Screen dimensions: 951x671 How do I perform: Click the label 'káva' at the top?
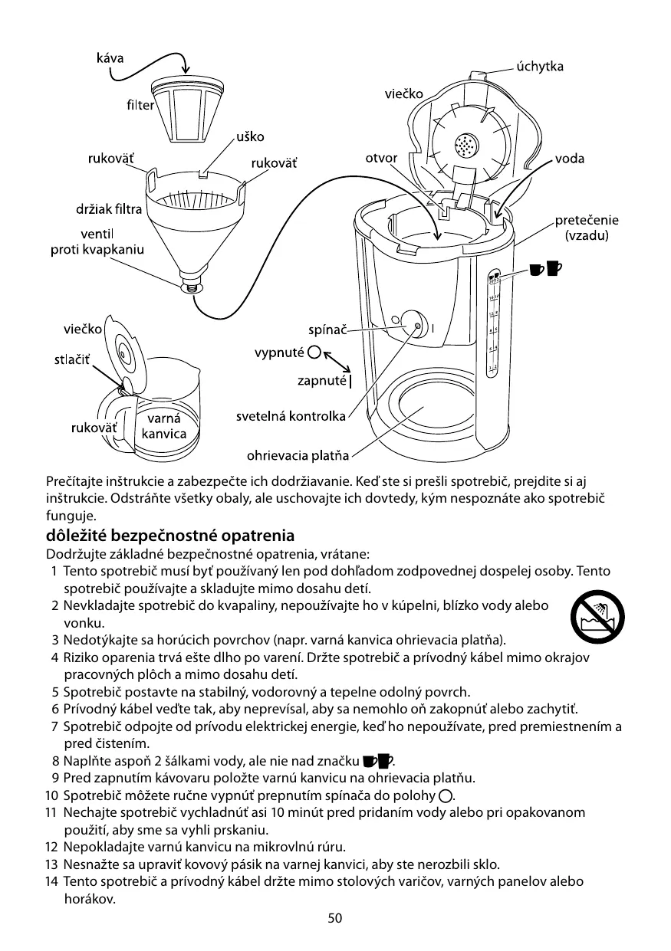(x=110, y=58)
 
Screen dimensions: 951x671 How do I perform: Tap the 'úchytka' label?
(x=540, y=67)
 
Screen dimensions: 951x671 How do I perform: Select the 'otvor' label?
(x=381, y=159)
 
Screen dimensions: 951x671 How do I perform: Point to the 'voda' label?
(x=568, y=159)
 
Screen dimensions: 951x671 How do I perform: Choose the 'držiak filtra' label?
(x=108, y=208)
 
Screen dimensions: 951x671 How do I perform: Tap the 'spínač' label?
(x=327, y=330)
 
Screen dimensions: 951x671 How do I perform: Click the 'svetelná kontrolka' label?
(x=291, y=416)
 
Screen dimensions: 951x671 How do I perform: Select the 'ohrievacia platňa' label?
(x=298, y=457)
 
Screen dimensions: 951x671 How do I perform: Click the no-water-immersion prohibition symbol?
(x=597, y=618)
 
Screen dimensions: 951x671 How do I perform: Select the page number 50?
(x=335, y=918)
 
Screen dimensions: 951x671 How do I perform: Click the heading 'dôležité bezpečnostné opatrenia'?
(x=170, y=534)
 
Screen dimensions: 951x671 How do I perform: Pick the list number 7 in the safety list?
(x=55, y=726)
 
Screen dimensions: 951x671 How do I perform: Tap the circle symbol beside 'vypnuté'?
(x=314, y=353)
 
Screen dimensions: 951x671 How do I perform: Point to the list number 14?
(x=51, y=881)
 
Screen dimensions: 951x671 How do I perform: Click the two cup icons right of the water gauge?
(x=545, y=267)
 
